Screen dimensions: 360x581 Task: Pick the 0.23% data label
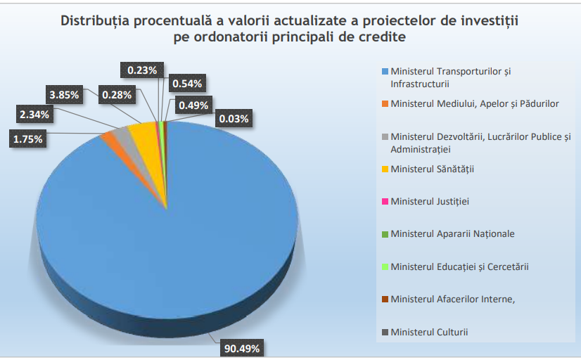click(143, 70)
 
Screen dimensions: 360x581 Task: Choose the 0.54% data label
click(188, 84)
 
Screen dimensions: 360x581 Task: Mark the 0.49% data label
click(193, 105)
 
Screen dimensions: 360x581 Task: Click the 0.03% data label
click(234, 119)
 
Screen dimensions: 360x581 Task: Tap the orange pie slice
click(111, 137)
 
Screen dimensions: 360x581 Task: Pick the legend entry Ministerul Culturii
click(429, 332)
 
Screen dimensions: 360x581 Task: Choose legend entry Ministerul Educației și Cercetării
click(459, 266)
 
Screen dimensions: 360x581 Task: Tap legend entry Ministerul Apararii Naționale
click(452, 234)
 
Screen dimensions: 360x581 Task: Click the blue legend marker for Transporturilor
click(384, 72)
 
